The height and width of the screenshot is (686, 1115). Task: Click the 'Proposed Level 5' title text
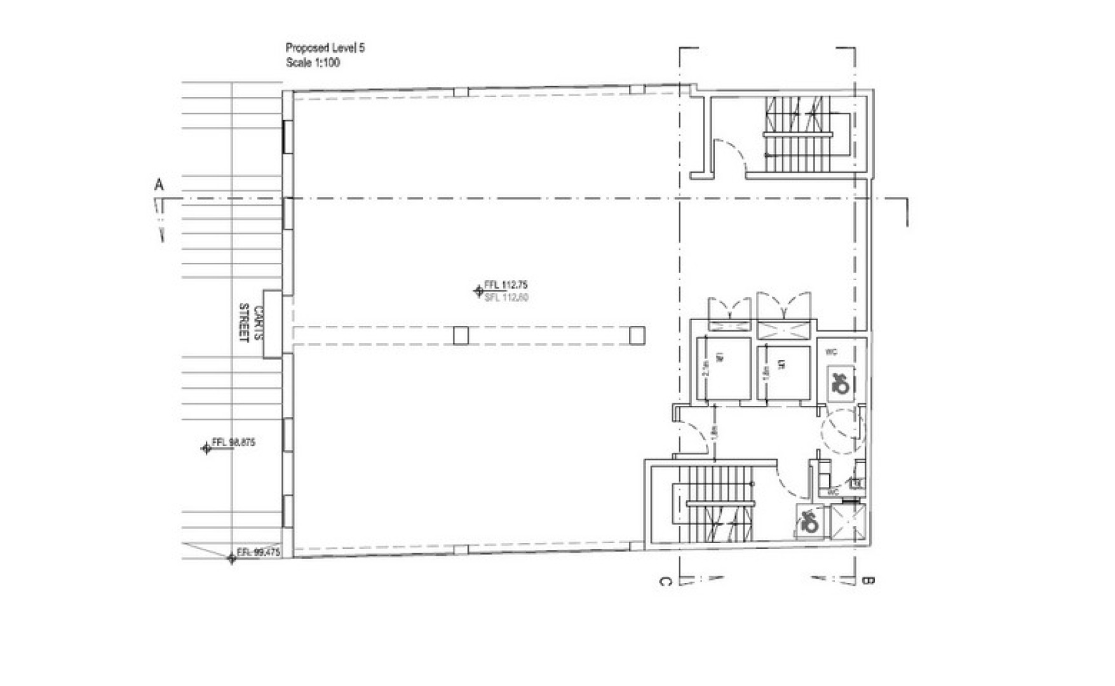325,48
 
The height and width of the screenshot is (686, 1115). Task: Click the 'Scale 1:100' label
313,63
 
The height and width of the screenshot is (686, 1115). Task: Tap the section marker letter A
159,185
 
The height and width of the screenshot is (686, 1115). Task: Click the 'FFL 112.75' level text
506,285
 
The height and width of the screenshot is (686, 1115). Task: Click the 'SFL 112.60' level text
506,297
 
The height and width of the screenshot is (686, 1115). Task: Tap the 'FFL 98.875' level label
233,442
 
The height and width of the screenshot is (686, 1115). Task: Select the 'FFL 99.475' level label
258,552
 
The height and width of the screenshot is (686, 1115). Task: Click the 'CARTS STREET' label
251,323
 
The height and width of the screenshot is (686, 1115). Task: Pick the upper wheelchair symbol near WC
840,382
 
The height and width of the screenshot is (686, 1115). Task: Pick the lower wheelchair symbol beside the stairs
809,522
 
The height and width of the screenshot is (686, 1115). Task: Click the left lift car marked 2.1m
724,369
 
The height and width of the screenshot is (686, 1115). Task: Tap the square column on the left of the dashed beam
461,335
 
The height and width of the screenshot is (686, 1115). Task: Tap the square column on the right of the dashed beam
637,335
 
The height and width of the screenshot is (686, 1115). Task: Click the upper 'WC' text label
831,352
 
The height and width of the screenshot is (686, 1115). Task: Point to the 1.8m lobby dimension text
715,431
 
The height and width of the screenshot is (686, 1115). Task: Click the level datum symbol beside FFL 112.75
478,291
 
